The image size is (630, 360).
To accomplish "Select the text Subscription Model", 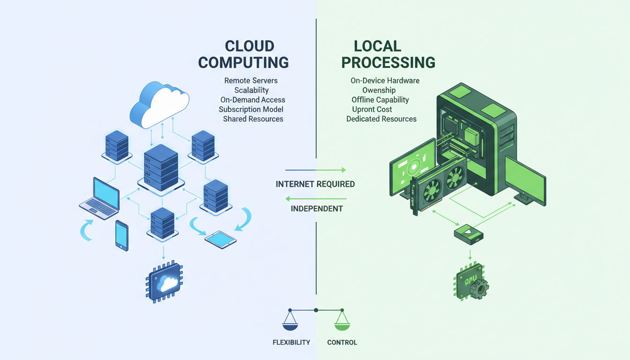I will [251, 109].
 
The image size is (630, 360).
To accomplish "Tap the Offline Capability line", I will [380, 99].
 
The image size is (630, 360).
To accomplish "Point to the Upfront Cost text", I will [372, 109].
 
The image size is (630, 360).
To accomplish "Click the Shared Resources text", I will [253, 119].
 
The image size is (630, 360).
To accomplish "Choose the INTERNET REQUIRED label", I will [315, 184].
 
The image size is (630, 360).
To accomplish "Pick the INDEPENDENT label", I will [316, 208].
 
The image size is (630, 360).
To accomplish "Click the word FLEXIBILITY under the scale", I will [291, 342].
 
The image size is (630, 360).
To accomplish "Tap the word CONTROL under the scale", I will [342, 342].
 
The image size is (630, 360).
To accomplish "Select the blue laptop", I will [100, 197].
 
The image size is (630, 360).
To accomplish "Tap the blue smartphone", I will [121, 235].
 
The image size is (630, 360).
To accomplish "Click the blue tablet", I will [221, 239].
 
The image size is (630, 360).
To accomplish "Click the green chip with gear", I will [469, 282].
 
